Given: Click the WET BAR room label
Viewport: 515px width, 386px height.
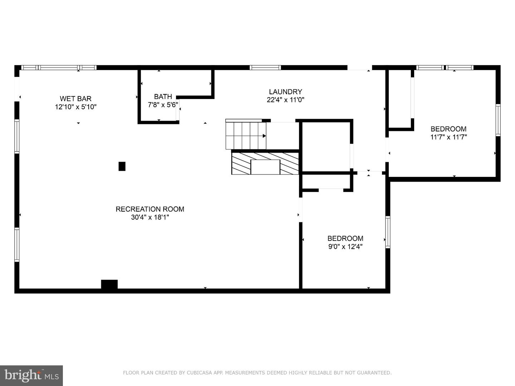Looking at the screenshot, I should pos(75,99).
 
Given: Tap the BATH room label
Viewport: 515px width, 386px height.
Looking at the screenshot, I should pos(163,96).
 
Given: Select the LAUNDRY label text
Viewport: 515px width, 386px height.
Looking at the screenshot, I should pos(285,92).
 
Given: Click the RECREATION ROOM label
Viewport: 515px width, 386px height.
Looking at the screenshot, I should pos(150,209).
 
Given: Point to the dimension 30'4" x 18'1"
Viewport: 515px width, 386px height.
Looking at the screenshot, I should pos(150,217).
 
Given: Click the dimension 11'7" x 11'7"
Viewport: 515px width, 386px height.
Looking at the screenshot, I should pos(448,137).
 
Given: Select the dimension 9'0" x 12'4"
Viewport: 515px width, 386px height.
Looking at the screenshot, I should pos(345,247).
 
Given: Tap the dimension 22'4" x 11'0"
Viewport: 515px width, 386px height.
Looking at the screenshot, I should pos(285,100).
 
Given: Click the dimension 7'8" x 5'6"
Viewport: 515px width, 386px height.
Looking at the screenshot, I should pos(163,105).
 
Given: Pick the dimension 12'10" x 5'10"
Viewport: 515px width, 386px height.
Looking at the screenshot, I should pos(75,107).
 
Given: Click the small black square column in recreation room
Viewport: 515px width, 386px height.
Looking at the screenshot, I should pos(122,166).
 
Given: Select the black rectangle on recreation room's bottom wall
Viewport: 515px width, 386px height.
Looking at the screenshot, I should pos(109,284).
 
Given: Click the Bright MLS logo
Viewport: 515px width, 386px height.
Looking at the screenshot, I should pos(31,375).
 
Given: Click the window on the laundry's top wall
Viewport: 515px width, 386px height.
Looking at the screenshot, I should pos(265,68).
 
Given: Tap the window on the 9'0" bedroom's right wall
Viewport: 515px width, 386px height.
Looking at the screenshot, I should pos(388,232).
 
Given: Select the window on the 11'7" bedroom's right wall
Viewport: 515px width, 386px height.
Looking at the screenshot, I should pos(498,120).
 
